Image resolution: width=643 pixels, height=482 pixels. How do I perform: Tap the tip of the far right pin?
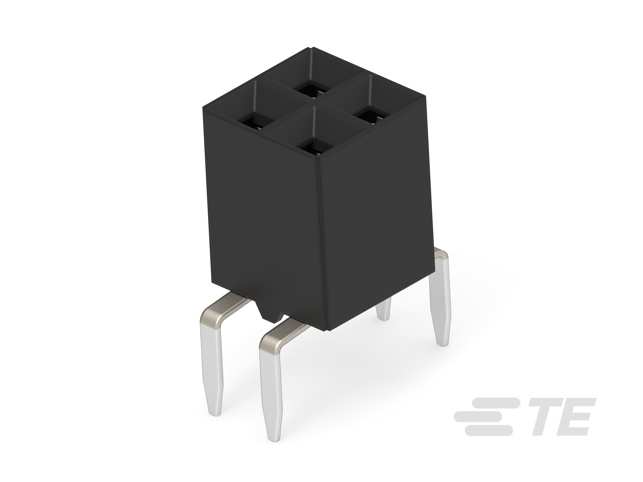point(443,345)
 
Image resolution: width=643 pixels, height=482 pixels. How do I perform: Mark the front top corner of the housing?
point(319,159)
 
